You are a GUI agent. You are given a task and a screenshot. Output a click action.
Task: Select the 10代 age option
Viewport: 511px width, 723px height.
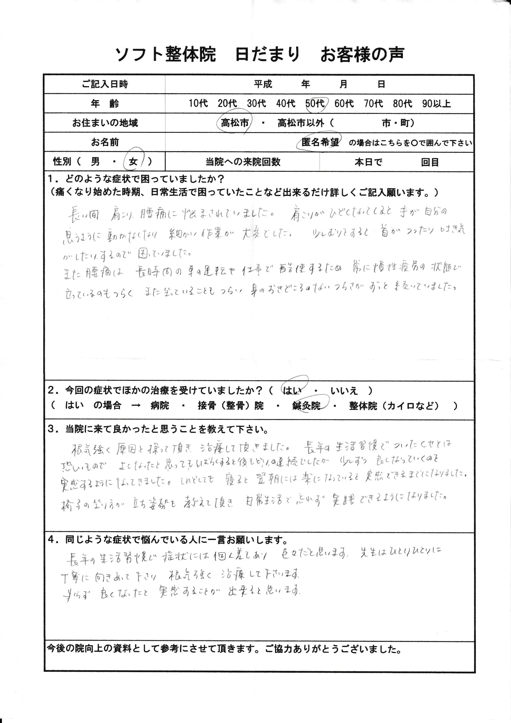tap(198, 104)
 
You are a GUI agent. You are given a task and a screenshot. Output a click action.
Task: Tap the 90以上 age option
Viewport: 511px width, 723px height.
tap(436, 104)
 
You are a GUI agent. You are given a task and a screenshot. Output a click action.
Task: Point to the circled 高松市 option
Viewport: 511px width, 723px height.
tap(235, 123)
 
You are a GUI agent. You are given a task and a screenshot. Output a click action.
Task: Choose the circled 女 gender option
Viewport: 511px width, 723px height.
tap(134, 162)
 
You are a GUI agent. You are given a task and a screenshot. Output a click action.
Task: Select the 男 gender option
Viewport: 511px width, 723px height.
tap(95, 162)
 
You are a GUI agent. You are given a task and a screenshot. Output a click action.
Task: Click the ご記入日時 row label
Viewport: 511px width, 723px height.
tap(105, 84)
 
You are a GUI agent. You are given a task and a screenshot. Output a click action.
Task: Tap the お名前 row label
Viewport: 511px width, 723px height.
tap(105, 143)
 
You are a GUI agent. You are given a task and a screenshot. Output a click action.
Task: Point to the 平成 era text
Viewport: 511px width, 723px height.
tap(263, 84)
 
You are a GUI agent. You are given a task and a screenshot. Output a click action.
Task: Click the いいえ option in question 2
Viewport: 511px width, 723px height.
tap(344, 391)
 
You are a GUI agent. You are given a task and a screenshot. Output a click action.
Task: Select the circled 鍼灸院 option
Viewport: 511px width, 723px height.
tap(306, 406)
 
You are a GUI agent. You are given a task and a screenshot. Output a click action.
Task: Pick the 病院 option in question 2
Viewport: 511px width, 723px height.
tap(160, 406)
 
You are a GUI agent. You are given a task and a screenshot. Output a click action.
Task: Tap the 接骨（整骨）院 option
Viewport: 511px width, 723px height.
tap(231, 406)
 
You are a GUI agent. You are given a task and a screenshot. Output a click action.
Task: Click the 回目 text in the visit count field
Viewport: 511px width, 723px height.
tap(430, 162)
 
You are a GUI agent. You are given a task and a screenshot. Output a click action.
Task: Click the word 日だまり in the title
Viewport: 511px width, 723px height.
tap(268, 55)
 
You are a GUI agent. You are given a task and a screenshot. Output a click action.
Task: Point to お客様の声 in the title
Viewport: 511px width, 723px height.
tap(362, 55)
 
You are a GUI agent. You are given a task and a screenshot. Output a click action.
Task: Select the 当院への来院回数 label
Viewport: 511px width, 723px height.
tap(243, 162)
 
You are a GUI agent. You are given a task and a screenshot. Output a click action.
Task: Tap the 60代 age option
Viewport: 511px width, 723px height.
tap(344, 104)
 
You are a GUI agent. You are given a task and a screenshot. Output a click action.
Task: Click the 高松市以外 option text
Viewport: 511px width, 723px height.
tap(301, 123)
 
